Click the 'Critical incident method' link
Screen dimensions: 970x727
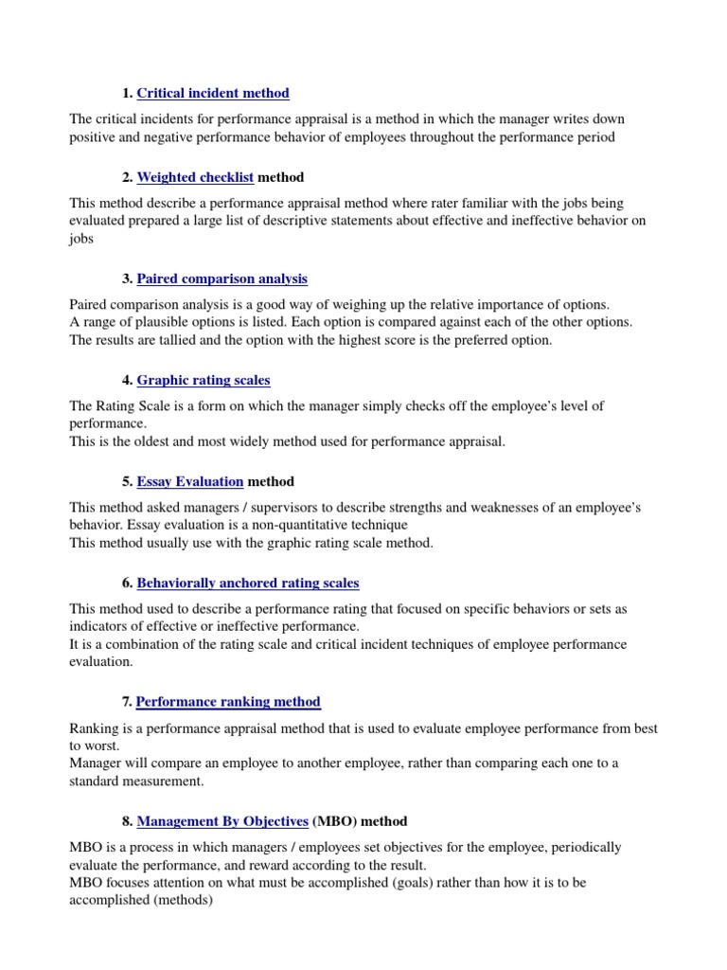point(213,93)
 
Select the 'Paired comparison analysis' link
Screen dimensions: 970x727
point(222,278)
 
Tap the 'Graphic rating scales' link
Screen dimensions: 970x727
point(204,380)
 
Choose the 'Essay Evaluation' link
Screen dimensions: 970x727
point(190,481)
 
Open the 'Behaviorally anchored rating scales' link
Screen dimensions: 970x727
point(248,583)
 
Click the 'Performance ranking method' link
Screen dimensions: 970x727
point(228,702)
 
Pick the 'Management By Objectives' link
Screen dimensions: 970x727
point(222,820)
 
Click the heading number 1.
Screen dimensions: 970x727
point(127,93)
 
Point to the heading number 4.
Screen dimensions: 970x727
point(127,380)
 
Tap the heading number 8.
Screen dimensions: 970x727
point(127,820)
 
